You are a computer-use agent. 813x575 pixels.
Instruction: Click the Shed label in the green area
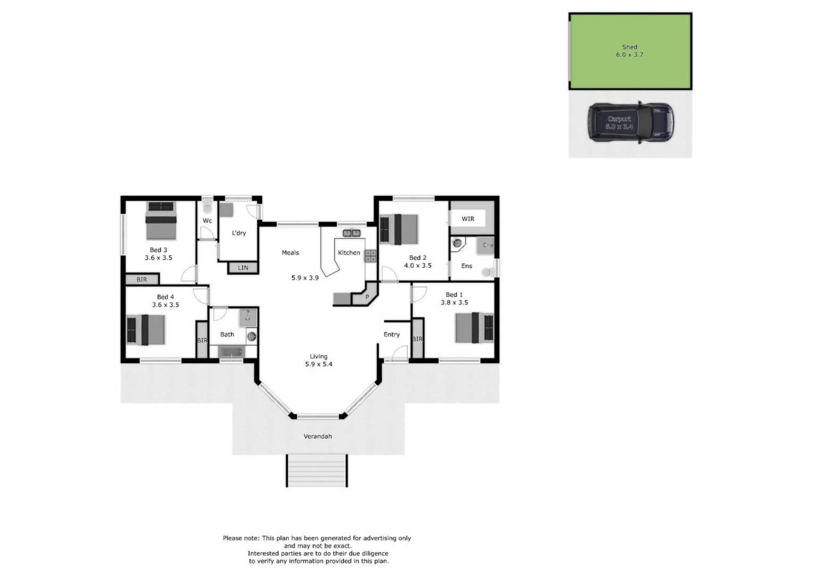pyautogui.click(x=629, y=47)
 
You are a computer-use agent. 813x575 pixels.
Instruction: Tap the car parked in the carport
pyautogui.click(x=630, y=123)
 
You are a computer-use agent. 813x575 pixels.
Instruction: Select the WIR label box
pyautogui.click(x=467, y=219)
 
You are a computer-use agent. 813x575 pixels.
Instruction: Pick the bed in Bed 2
pyautogui.click(x=399, y=229)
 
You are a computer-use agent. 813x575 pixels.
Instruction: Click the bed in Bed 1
pyautogui.click(x=474, y=327)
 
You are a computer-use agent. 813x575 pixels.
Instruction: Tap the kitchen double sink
pyautogui.click(x=351, y=233)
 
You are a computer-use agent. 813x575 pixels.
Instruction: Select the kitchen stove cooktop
pyautogui.click(x=370, y=256)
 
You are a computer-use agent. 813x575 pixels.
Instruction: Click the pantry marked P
pyautogui.click(x=367, y=297)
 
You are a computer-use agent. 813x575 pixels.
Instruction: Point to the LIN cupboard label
pyautogui.click(x=243, y=268)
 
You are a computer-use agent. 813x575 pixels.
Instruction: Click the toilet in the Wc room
pyautogui.click(x=207, y=207)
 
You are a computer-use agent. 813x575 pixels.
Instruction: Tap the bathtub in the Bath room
pyautogui.click(x=232, y=352)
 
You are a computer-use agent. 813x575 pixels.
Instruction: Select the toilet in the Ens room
pyautogui.click(x=487, y=272)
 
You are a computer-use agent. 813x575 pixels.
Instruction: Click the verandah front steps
pyautogui.click(x=317, y=471)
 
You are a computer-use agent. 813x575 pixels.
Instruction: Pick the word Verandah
pyautogui.click(x=317, y=437)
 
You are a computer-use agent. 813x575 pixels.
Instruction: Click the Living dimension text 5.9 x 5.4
pyautogui.click(x=318, y=365)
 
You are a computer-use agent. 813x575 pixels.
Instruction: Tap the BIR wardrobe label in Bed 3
pyautogui.click(x=142, y=280)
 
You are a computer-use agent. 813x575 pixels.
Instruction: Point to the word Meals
pyautogui.click(x=290, y=253)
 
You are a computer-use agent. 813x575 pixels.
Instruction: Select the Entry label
pyautogui.click(x=391, y=335)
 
